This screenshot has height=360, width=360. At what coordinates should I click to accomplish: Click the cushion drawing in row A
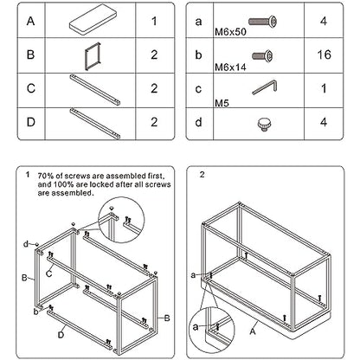click(x=91, y=20)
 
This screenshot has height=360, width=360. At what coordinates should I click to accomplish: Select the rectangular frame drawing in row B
click(x=93, y=56)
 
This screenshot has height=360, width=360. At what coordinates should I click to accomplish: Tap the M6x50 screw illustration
click(x=262, y=21)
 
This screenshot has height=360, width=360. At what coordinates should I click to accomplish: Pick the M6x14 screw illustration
click(x=262, y=55)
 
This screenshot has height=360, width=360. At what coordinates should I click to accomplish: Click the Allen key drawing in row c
click(x=265, y=87)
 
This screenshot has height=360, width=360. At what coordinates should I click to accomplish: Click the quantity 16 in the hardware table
click(x=324, y=55)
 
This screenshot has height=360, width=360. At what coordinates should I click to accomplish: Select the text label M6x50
click(x=230, y=32)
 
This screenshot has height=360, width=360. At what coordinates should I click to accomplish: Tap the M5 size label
click(x=222, y=102)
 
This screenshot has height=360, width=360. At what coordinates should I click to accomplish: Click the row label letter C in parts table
click(x=31, y=88)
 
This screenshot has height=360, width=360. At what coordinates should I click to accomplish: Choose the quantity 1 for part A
click(x=154, y=21)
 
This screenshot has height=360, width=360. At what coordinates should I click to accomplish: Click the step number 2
click(x=202, y=175)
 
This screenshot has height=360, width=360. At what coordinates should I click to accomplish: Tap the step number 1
click(x=28, y=175)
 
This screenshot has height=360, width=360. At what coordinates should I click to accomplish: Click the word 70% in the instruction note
click(x=45, y=176)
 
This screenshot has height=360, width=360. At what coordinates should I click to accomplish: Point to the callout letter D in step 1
click(x=61, y=335)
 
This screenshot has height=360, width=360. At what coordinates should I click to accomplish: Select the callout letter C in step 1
click(x=49, y=273)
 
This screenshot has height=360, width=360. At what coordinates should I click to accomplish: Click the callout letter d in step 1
click(x=26, y=244)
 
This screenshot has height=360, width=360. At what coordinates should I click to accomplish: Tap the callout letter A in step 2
click(x=253, y=331)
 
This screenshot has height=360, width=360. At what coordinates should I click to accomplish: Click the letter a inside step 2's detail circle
click(x=196, y=327)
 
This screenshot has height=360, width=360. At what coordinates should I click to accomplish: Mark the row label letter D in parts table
click(x=31, y=122)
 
